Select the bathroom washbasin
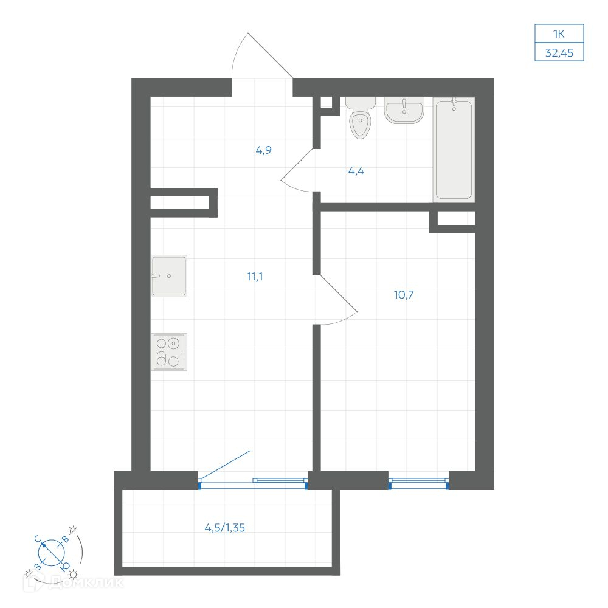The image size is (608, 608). [x=404, y=110]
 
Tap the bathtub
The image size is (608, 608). [x=454, y=150]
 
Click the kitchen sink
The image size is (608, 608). [x=169, y=275]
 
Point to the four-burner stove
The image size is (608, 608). [x=169, y=352]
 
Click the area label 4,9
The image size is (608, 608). [x=264, y=150]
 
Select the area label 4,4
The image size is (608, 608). [x=356, y=171]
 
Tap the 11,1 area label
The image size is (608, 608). [x=255, y=277]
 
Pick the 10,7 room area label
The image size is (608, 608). [x=404, y=295]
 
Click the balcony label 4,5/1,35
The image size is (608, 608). [x=225, y=528]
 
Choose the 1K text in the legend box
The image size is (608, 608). [x=559, y=34]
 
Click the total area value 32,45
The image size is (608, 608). [x=559, y=53]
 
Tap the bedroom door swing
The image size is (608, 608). [x=335, y=299]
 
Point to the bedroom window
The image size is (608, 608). [x=419, y=483]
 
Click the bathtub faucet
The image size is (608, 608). [x=454, y=104]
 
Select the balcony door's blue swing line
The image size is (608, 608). [x=225, y=465]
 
